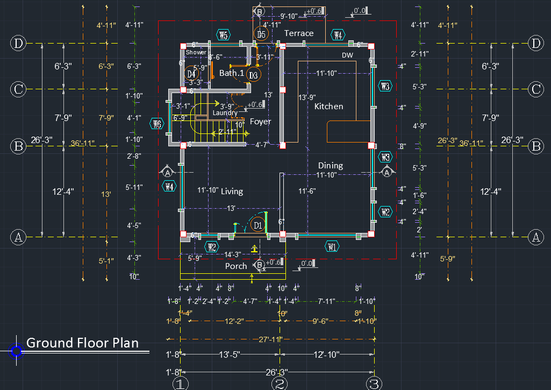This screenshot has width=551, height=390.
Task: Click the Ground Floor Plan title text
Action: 82,343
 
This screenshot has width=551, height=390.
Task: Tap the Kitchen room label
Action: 328,107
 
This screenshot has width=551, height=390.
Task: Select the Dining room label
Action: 330,166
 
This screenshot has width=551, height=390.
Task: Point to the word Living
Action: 232,192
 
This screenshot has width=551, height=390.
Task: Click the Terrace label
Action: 299,33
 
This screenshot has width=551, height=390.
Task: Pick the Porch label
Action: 236,266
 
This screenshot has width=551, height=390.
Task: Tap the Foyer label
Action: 260,122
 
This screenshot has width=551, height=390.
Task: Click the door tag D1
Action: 257,225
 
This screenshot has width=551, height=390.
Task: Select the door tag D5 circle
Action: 261,35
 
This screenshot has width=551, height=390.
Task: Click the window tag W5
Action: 224,36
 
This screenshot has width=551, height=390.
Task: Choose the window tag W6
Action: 157,124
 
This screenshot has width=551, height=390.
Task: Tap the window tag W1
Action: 332,247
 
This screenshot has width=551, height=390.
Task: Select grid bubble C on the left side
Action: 18,89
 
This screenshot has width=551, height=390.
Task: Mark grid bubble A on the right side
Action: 535,236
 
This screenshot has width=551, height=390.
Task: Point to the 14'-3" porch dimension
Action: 232,254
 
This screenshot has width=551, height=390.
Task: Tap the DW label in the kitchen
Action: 347,55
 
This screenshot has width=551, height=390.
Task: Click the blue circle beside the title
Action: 17,351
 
